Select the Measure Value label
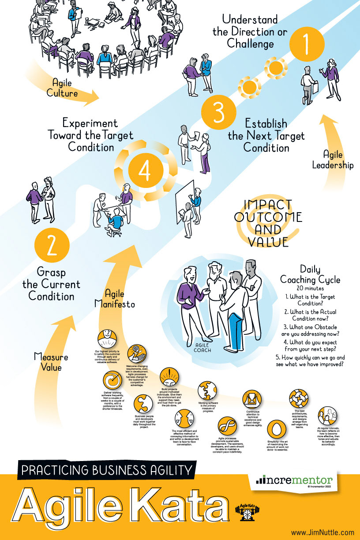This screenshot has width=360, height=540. [x=51, y=362]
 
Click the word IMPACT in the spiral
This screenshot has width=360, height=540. [x=268, y=205]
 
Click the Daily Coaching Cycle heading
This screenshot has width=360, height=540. [x=310, y=274]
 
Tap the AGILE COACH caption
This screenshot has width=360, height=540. [x=203, y=349]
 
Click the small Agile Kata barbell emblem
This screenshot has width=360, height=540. [x=247, y=512]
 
